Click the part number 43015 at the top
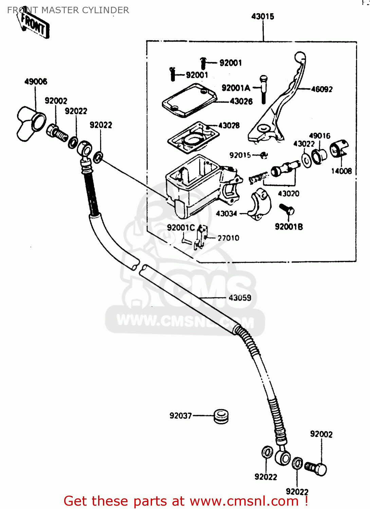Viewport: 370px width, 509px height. coord(262,16)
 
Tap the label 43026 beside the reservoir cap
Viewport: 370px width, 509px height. coord(241,101)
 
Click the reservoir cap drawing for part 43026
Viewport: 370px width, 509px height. coord(189,100)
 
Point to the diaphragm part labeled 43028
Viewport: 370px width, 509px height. coord(193,138)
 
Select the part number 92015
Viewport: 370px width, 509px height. coord(240,155)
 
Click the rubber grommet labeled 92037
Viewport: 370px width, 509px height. coord(221,416)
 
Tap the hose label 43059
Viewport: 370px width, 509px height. coord(240,298)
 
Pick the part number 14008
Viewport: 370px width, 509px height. coord(341,171)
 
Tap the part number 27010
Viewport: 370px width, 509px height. coord(228,238)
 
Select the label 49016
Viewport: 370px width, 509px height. coord(319,136)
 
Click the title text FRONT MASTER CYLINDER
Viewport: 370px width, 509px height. coord(68,10)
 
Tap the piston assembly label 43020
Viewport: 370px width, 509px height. coord(289,194)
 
